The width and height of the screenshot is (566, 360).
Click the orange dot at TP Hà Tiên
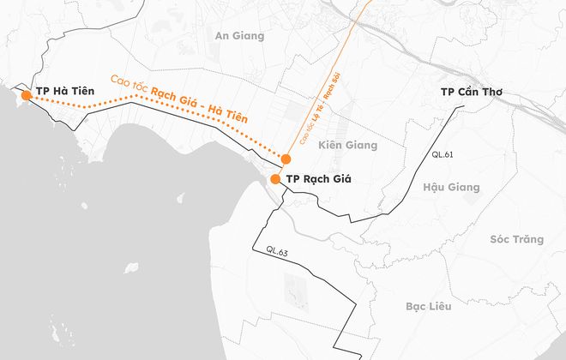(26, 96)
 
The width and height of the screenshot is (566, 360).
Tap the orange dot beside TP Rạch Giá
(275, 179)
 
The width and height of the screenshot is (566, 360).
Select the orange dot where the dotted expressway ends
(286, 159)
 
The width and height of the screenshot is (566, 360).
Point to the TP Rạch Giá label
(318, 179)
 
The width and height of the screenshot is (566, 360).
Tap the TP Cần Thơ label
(471, 92)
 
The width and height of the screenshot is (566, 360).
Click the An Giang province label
(240, 36)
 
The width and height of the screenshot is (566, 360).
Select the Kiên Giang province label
(347, 146)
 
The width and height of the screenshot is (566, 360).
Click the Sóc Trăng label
(517, 239)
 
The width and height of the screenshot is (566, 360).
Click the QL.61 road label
(443, 155)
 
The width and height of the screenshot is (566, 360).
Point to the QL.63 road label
(277, 251)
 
